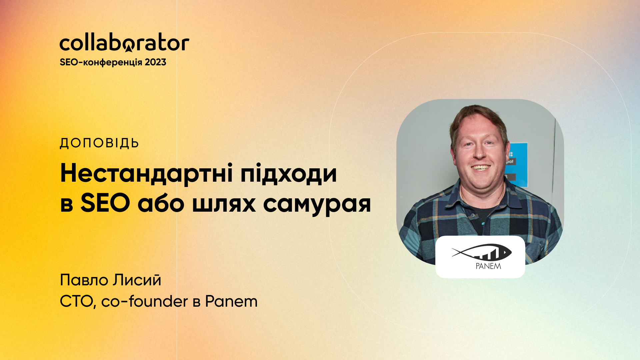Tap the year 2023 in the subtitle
(155, 62)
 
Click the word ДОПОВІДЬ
(99, 143)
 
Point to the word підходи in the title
(288, 174)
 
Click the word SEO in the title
(105, 203)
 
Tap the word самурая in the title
(317, 204)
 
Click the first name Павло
(85, 280)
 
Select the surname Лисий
(137, 280)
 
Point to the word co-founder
(144, 301)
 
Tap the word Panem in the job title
(231, 301)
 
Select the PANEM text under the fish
(488, 266)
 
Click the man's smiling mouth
(480, 168)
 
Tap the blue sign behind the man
(518, 163)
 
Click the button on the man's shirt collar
(473, 216)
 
